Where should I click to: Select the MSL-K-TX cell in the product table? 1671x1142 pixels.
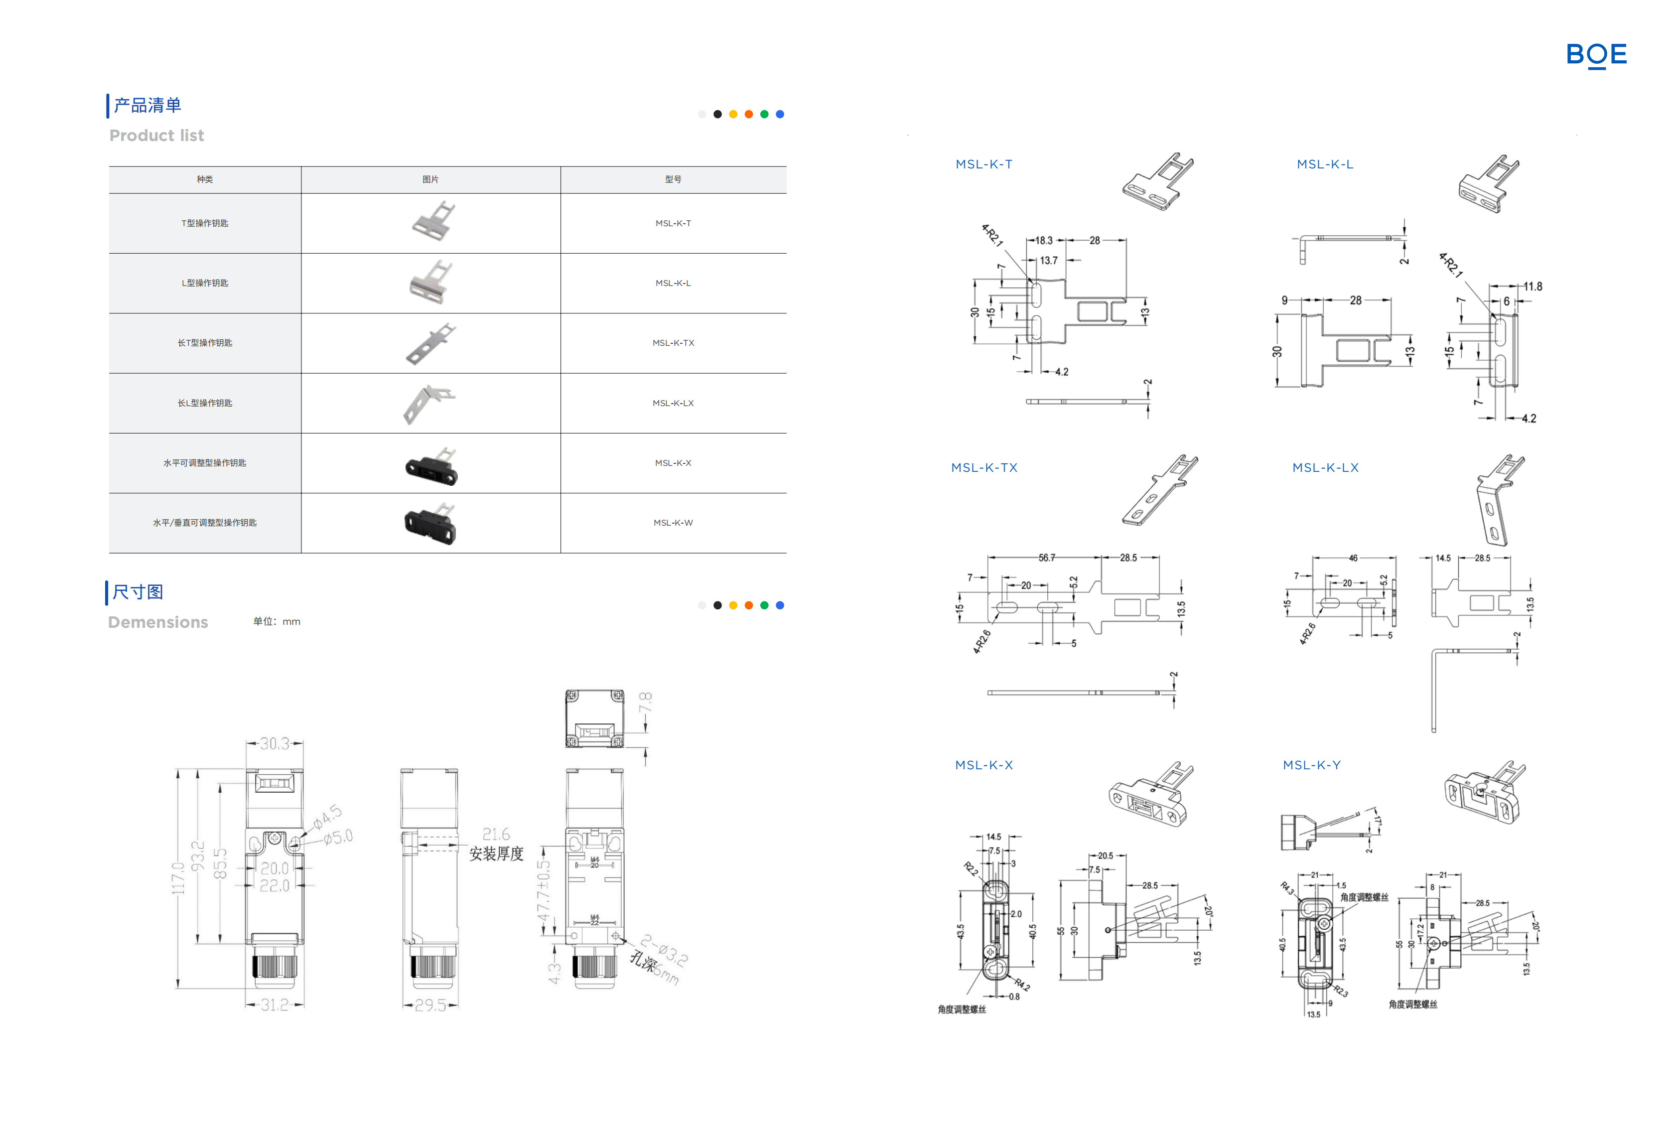tap(673, 343)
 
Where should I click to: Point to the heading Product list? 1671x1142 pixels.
tap(157, 136)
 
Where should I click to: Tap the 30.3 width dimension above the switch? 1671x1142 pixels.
tap(274, 743)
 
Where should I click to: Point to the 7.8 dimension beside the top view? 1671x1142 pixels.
tap(646, 703)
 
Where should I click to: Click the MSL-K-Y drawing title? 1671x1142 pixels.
tap(1311, 765)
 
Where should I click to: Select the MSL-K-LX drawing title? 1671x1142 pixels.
tap(1325, 467)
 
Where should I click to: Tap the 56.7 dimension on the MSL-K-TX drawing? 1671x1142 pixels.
tap(1047, 558)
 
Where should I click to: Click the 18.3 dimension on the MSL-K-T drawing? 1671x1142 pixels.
tap(1043, 241)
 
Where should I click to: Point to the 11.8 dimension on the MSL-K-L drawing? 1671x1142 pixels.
tap(1532, 287)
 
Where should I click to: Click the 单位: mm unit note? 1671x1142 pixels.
tap(277, 622)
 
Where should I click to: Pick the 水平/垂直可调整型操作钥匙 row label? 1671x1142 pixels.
tap(205, 523)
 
